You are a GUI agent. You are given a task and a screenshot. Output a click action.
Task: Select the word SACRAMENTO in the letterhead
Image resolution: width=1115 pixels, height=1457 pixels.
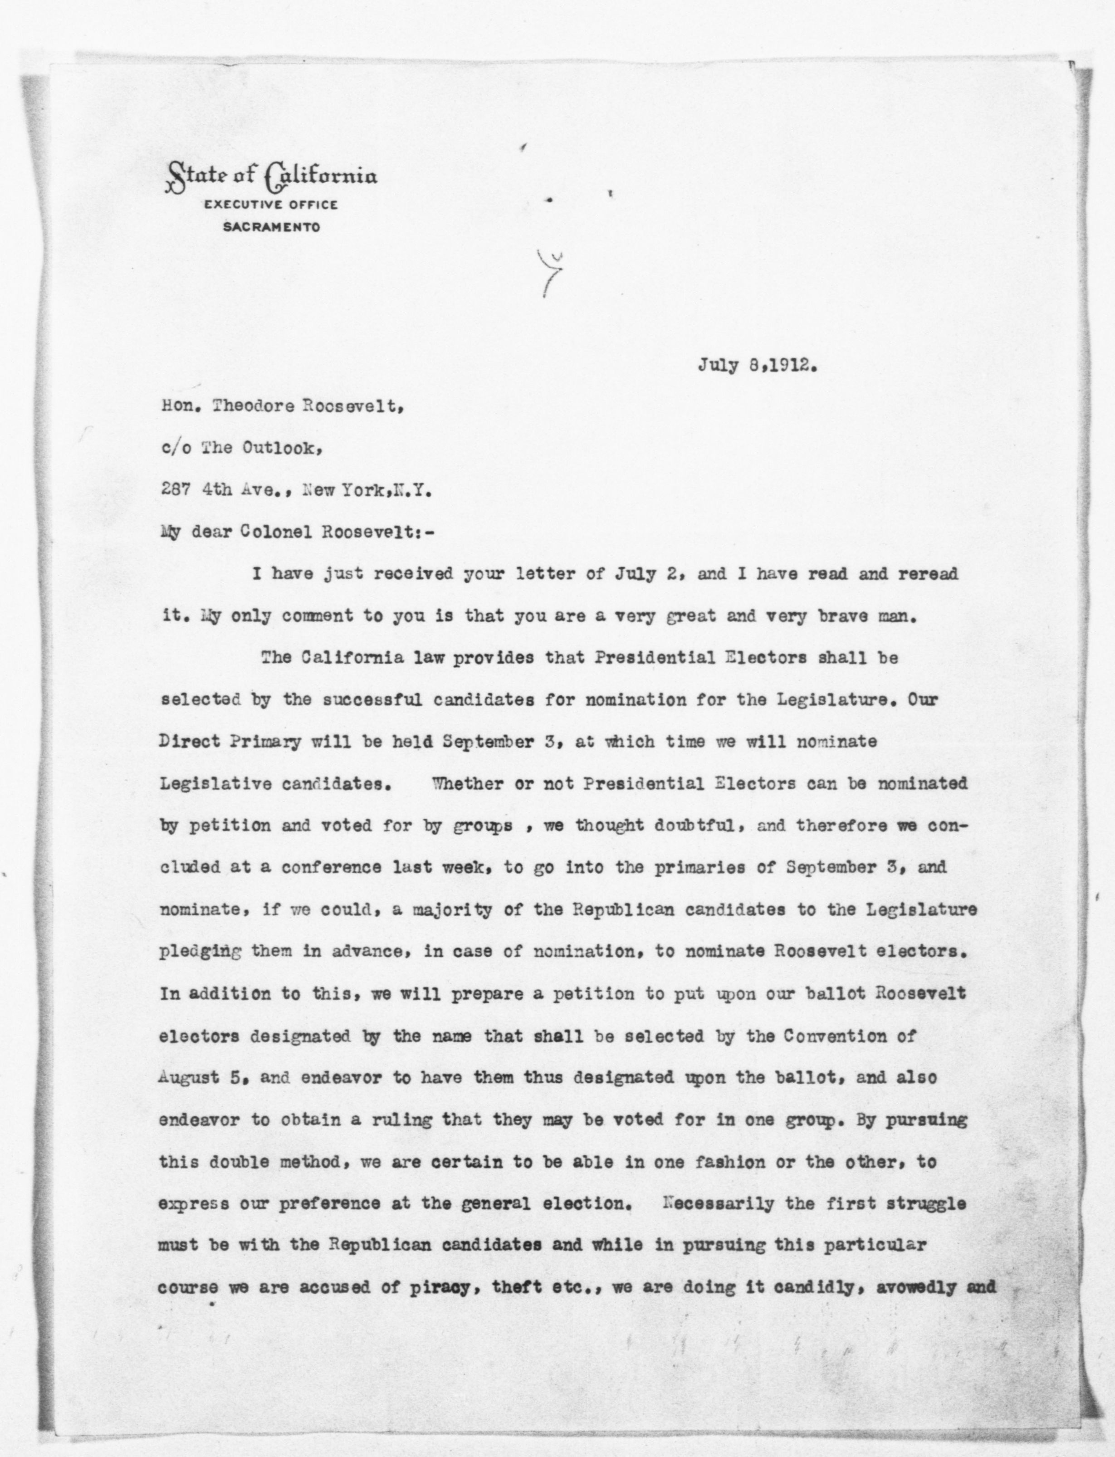(271, 227)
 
